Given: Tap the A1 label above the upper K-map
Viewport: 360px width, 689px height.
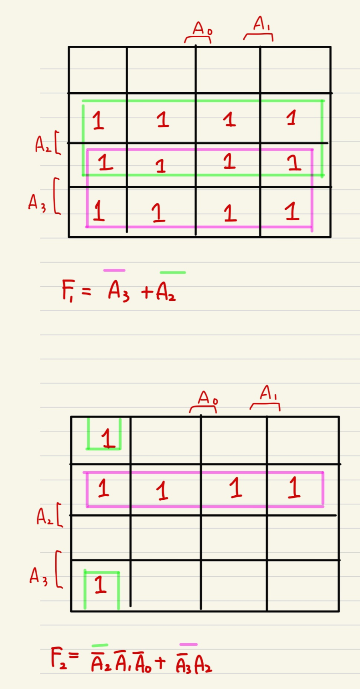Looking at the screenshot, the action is [x=262, y=24].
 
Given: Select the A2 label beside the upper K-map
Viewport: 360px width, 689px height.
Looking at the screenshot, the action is [x=43, y=144].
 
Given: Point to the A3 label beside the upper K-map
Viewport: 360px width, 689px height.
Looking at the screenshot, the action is [x=37, y=203].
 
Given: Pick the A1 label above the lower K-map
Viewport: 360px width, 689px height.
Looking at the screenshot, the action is [x=269, y=393].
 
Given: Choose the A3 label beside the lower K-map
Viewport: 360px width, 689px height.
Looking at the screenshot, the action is [x=38, y=576].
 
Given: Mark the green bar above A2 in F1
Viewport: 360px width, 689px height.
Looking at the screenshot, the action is [x=173, y=273].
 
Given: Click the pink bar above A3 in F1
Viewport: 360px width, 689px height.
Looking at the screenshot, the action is [x=114, y=270].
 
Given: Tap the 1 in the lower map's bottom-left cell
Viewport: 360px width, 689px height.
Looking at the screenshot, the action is [x=100, y=585].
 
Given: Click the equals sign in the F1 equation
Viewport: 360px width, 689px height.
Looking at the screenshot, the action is [x=86, y=292].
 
